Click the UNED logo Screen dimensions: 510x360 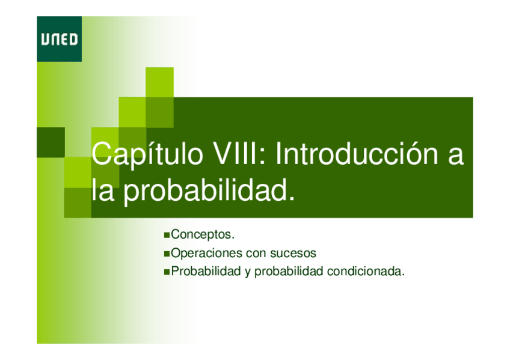59,39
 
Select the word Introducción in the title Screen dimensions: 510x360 357,154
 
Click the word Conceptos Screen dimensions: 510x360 202,234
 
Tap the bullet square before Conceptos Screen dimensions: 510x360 167,235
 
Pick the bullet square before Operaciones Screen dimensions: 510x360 167,254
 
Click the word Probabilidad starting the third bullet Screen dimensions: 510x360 206,271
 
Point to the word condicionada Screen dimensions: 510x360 366,271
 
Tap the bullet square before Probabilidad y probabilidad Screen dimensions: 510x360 167,272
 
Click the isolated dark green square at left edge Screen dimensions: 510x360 51,142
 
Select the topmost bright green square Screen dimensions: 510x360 159,82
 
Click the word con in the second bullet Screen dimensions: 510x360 256,254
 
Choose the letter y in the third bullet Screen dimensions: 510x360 248,272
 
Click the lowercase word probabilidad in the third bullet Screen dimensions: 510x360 289,272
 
